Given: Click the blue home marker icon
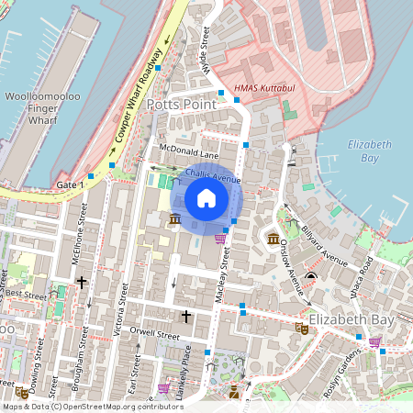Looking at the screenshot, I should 206,198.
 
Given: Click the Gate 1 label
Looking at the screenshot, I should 70,185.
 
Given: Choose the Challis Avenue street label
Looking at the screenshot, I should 212,173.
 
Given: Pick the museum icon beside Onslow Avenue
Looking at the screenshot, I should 273,239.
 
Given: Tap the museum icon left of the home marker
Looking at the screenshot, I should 174,219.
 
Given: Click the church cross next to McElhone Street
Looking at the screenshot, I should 82,283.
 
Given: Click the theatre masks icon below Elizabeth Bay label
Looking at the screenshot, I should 301,327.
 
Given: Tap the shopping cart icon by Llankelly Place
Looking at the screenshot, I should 163,389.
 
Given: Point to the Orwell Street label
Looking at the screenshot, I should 156,336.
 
